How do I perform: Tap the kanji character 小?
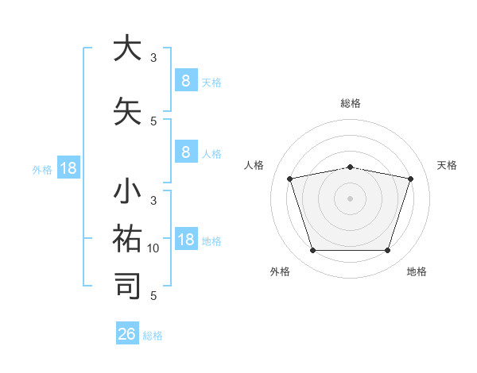(127, 192)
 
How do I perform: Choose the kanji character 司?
(127, 286)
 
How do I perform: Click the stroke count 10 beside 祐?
(153, 248)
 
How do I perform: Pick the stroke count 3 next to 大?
(153, 57)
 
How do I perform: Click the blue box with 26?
(127, 334)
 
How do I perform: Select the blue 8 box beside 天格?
(185, 80)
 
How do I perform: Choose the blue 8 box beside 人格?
(185, 152)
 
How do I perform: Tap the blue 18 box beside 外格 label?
(68, 168)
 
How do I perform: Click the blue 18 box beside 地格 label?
(185, 240)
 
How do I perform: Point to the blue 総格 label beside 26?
(153, 336)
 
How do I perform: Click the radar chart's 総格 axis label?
(351, 103)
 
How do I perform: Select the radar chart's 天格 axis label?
(448, 165)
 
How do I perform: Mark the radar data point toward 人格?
(290, 179)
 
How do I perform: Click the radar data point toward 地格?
(387, 251)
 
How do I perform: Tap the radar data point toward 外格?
(312, 251)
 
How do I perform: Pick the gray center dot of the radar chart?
(350, 198)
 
